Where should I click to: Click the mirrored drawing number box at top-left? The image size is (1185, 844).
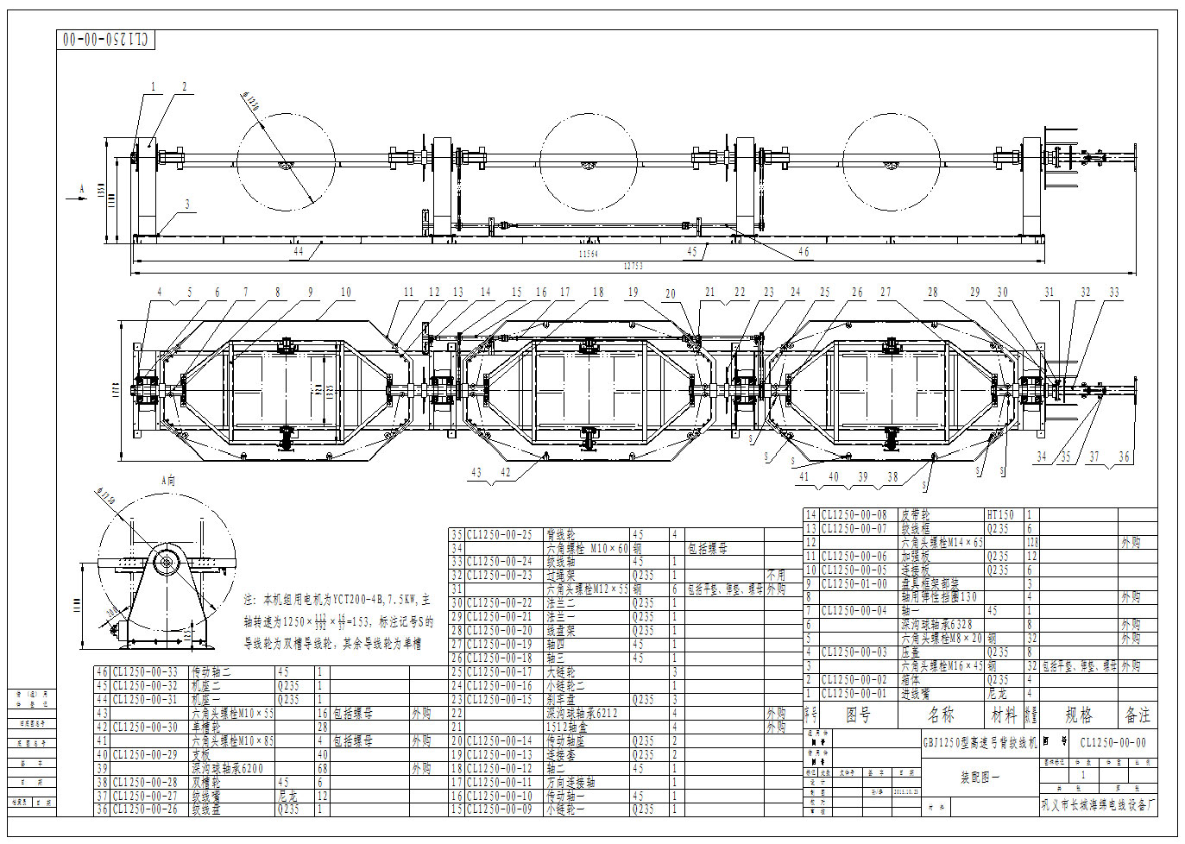[x=107, y=40]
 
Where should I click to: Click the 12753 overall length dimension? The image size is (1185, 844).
[x=634, y=267]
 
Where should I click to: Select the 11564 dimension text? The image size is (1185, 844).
[x=588, y=254]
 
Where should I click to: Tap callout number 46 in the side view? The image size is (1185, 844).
[x=804, y=252]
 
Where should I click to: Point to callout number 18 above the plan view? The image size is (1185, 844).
[x=598, y=293]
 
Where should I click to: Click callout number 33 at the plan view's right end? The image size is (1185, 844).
[x=1114, y=293]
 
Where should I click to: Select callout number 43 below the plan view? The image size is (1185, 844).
[x=476, y=473]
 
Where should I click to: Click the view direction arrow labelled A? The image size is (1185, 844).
[x=82, y=191]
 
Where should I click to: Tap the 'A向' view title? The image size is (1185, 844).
[x=168, y=481]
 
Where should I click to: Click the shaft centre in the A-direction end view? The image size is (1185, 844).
[x=167, y=562]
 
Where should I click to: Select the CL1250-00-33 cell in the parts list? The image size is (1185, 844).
[x=146, y=672]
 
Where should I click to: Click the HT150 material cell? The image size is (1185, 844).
[x=1000, y=515]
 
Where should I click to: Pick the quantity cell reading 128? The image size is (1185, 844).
[x=1031, y=543]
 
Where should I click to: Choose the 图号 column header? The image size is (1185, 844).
[x=858, y=715]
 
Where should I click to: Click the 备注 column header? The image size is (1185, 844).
[x=1138, y=715]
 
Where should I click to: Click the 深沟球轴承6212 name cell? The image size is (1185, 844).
[x=582, y=714]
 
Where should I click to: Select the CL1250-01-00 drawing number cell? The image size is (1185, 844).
[x=854, y=584]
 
